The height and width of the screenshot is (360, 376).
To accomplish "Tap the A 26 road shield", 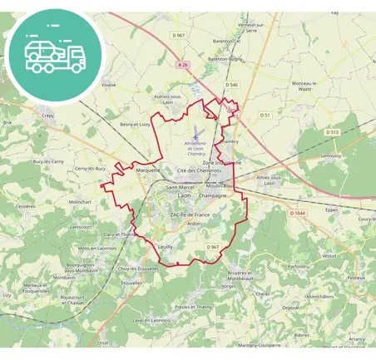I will tap(183, 63).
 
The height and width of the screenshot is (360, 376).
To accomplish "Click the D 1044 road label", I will tap(299, 214).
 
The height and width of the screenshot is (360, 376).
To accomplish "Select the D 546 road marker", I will tap(233, 85).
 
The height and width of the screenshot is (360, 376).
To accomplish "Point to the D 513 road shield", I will tap(333, 133).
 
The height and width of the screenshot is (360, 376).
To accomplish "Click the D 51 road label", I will tap(265, 114).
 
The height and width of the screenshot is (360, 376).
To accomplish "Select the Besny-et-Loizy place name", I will tap(136, 123).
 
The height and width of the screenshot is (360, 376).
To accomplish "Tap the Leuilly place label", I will tap(164, 246).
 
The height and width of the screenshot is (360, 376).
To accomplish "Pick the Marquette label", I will tap(147, 170).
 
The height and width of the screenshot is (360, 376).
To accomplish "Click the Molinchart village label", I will tap(81, 201).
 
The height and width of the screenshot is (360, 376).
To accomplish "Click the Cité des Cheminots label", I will tap(200, 170).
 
